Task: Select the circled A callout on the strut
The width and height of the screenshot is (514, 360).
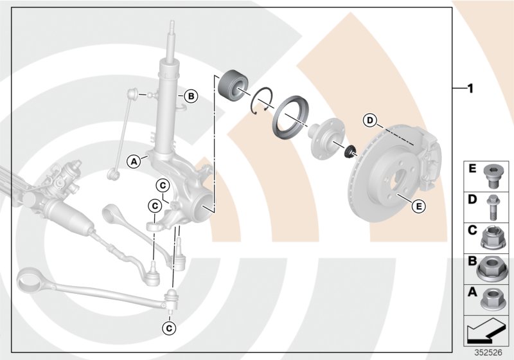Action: (x=134, y=161)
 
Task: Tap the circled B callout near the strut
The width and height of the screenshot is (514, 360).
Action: (x=190, y=97)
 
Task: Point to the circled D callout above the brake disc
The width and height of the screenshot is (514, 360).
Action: (x=369, y=120)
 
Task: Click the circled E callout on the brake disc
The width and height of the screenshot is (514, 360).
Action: (x=418, y=206)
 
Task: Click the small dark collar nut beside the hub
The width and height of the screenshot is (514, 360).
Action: (x=350, y=153)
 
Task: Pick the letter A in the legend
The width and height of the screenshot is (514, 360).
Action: (x=472, y=292)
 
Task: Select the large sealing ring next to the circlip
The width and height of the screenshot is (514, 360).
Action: (x=293, y=113)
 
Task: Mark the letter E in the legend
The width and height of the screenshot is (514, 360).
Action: (x=472, y=170)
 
